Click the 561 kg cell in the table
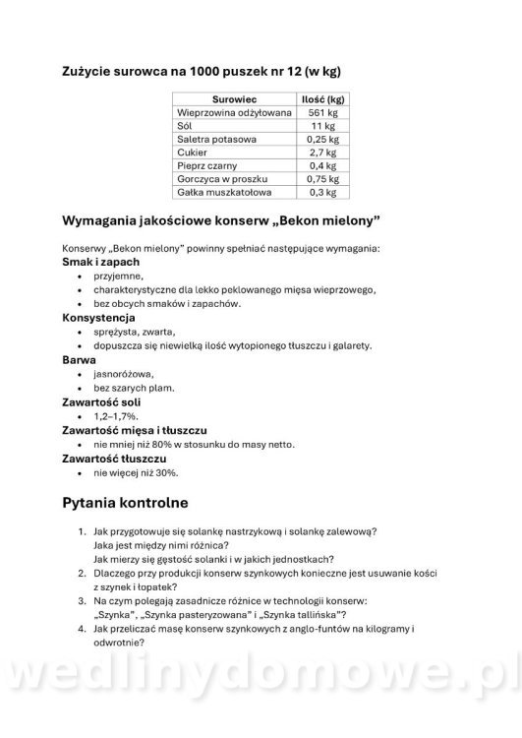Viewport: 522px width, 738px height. pyautogui.click(x=322, y=113)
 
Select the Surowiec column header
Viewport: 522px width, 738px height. pyautogui.click(x=234, y=99)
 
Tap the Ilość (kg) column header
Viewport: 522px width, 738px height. pyautogui.click(x=322, y=99)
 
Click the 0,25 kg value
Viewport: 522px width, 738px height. pyautogui.click(x=322, y=140)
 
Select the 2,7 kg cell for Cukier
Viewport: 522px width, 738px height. pyautogui.click(x=322, y=153)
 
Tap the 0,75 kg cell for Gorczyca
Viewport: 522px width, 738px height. pyautogui.click(x=322, y=179)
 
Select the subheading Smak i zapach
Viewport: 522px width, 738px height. pyautogui.click(x=100, y=263)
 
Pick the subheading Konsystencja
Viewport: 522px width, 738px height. pyautogui.click(x=99, y=318)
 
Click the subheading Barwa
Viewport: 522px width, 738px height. pyautogui.click(x=80, y=360)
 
